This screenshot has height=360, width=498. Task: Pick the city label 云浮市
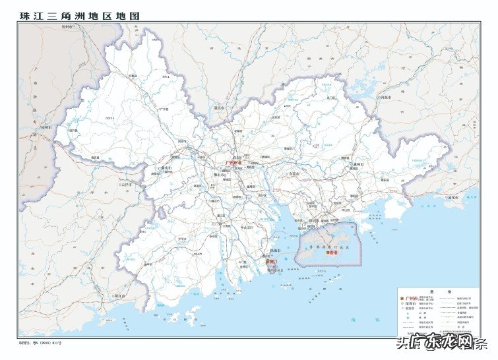[x=127, y=185]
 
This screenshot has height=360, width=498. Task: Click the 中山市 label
[x=247, y=227]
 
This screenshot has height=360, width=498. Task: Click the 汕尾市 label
[x=454, y=196]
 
